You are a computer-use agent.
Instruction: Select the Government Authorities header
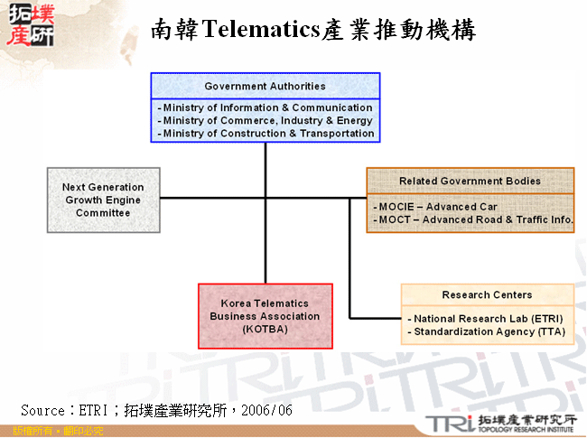tap(265, 86)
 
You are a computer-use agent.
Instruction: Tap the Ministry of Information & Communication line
tap(266, 107)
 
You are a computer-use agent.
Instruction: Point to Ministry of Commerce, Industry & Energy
tap(266, 120)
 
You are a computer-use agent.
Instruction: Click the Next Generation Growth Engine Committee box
tap(103, 200)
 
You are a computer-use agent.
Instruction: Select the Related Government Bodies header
tap(470, 181)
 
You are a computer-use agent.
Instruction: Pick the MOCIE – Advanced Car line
tap(437, 207)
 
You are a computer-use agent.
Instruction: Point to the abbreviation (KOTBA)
tap(265, 330)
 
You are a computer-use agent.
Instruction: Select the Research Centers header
tap(487, 294)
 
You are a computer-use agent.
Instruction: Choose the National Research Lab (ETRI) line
tap(487, 319)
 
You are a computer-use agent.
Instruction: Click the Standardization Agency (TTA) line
tap(488, 331)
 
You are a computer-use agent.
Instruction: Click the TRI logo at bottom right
tap(446, 423)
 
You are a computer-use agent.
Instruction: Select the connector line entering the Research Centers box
tap(375, 318)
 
